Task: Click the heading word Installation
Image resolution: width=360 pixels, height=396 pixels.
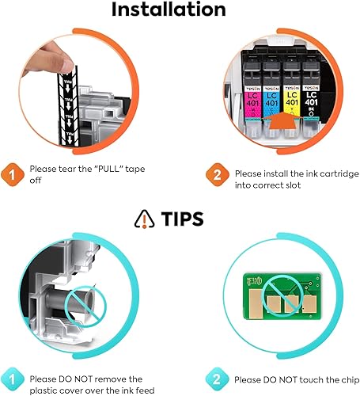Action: [x=180, y=11]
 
